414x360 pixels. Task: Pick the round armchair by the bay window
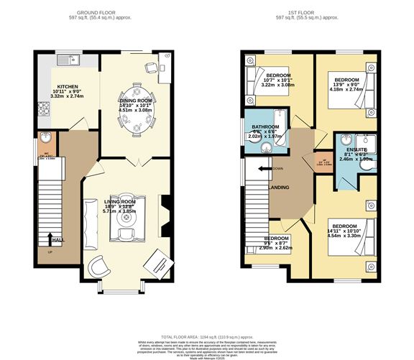point(99,267)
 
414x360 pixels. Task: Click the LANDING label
point(278,188)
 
